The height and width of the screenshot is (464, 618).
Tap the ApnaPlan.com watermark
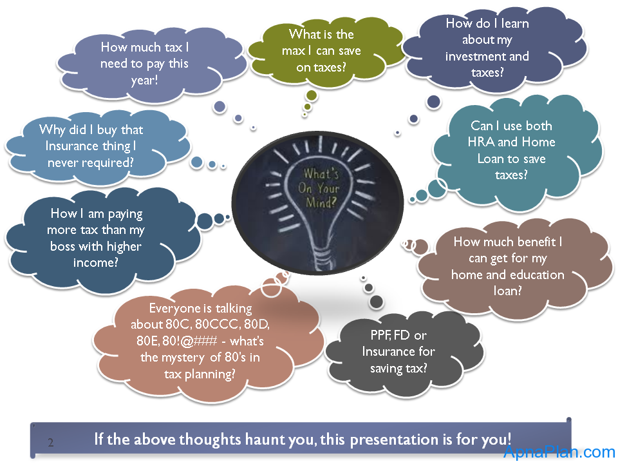point(559,451)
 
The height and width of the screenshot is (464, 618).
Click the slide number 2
point(51,442)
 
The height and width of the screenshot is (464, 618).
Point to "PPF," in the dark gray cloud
point(380,335)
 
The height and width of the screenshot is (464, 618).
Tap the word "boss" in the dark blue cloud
point(62,246)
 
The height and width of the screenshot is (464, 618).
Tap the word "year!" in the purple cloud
point(144,81)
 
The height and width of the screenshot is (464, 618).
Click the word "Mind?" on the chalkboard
point(321,202)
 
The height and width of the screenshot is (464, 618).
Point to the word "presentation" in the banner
point(395,440)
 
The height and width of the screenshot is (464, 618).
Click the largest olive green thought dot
point(312,95)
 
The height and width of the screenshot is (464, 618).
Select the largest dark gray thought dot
point(377,302)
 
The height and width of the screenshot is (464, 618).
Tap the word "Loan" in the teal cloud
point(491,159)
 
